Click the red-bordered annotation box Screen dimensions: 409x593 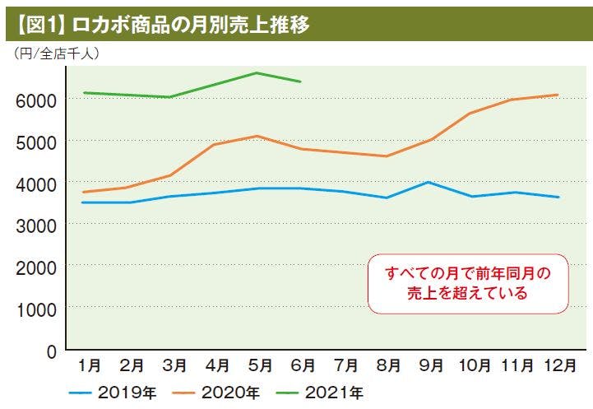tap(467, 282)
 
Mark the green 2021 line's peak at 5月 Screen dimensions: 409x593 tap(257, 72)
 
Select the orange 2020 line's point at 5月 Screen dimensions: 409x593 tap(257, 136)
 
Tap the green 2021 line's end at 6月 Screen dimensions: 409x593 tap(300, 81)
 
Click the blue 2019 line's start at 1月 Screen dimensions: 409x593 tap(83, 202)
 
